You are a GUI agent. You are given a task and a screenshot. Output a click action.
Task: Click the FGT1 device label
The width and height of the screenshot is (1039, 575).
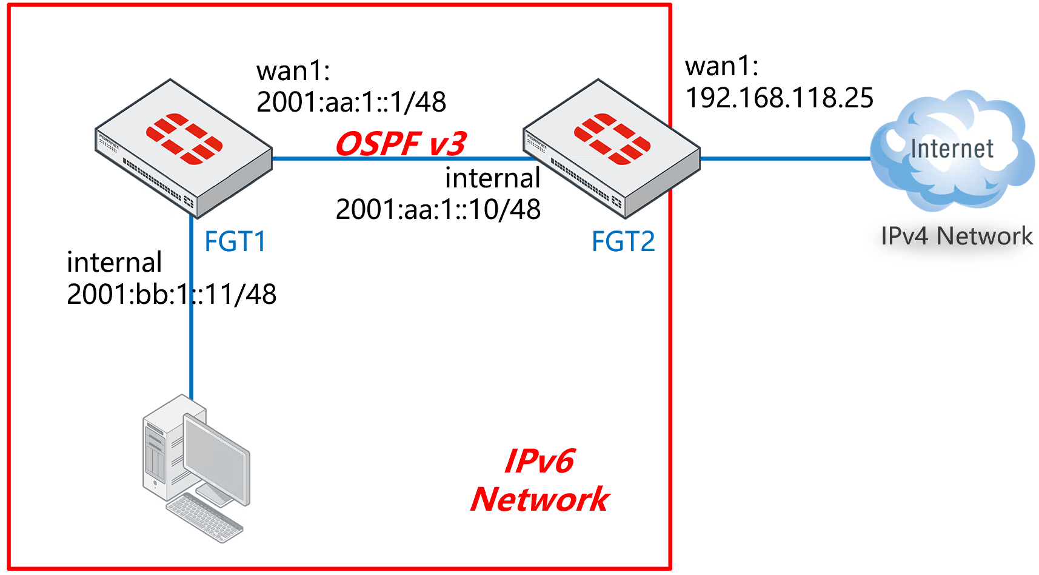point(235,241)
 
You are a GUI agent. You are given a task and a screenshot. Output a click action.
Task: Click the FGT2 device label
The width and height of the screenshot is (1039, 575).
point(623,241)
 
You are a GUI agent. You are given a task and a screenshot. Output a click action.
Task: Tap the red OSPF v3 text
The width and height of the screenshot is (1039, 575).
point(401,144)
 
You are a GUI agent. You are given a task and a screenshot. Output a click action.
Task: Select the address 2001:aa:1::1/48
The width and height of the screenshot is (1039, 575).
point(351,102)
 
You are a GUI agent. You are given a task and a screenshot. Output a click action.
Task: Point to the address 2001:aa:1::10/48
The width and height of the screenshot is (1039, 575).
point(438,209)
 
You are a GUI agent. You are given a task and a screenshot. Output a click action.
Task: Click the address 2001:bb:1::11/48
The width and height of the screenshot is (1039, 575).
point(172,294)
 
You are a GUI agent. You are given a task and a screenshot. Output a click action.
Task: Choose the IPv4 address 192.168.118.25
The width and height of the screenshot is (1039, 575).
point(779,98)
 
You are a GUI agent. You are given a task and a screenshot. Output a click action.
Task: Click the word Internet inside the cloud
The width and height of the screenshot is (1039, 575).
point(952,149)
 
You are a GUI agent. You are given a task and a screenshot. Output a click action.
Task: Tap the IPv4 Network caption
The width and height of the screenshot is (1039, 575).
point(956,236)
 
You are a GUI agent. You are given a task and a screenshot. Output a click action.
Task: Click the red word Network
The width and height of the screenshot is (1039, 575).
point(540,499)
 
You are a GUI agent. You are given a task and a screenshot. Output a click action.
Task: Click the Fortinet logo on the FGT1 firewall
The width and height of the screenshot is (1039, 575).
point(184,139)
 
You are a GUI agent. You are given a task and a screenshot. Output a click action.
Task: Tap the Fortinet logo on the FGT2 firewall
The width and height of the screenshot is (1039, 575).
point(612,139)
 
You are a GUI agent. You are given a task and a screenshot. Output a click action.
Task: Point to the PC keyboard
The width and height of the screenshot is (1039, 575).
point(205,517)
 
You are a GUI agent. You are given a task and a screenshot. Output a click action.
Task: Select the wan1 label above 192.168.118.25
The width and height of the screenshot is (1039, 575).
point(721,66)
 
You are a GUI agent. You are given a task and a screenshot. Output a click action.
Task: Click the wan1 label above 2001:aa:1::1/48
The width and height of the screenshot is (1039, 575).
point(293,71)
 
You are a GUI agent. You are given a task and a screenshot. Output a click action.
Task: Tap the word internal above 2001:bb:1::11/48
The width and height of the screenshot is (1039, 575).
point(114,263)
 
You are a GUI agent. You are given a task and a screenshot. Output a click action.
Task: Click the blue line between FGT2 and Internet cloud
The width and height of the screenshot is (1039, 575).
point(785,159)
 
